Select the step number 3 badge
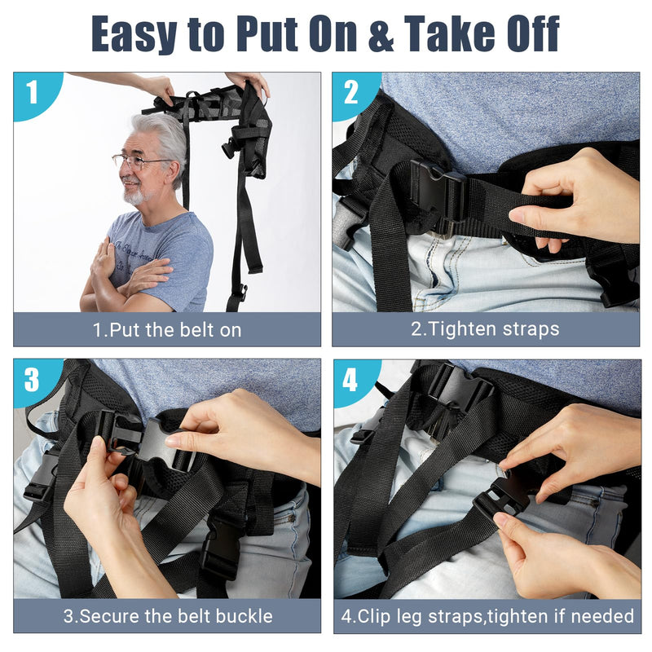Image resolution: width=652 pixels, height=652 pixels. point(32,379)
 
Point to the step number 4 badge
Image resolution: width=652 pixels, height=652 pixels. point(351,379)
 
